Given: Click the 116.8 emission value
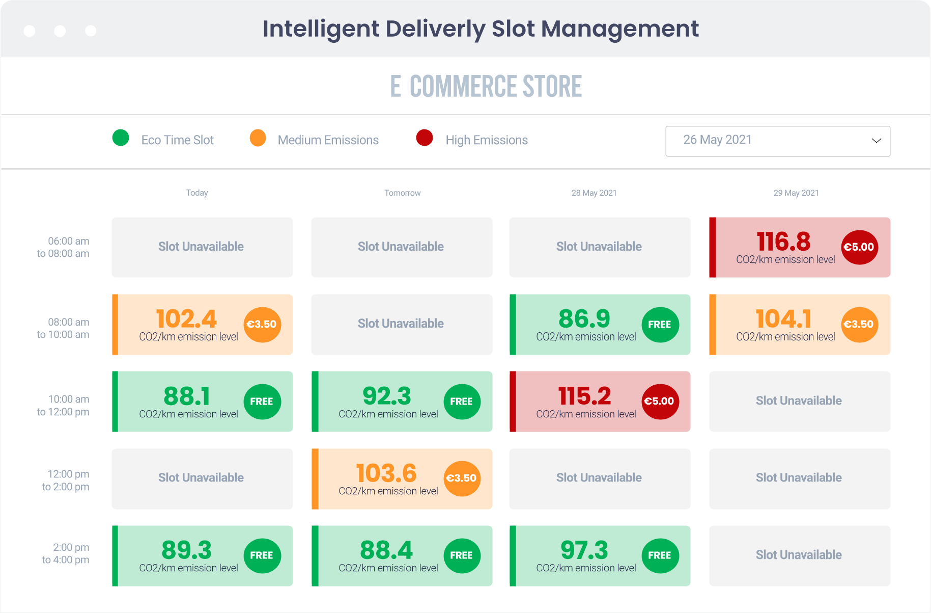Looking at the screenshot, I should coord(783,242).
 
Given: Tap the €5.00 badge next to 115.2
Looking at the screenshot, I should coord(660,402).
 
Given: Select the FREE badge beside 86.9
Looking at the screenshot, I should coord(660,325).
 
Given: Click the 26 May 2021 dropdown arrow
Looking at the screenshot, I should coord(876,141).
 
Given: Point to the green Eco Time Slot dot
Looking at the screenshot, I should coord(121,138).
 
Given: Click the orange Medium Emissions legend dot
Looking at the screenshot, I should coord(258,138).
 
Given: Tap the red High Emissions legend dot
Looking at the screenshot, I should coord(425,138).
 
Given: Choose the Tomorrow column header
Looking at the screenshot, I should coord(402,193).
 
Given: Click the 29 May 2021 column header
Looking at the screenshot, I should coord(796,193).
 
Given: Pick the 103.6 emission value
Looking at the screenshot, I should coord(386,473).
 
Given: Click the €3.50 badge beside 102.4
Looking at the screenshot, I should coord(262,325).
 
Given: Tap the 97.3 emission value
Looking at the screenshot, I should coord(584,550).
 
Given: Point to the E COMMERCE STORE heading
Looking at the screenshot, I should coord(486,86).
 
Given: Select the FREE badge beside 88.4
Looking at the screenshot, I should coord(461,555).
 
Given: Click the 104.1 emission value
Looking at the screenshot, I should coord(783,319).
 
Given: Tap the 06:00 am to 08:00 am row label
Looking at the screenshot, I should coord(63,247).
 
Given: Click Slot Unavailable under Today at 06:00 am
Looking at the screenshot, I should coord(201,247).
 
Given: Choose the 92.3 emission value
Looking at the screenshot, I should coord(386,396).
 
